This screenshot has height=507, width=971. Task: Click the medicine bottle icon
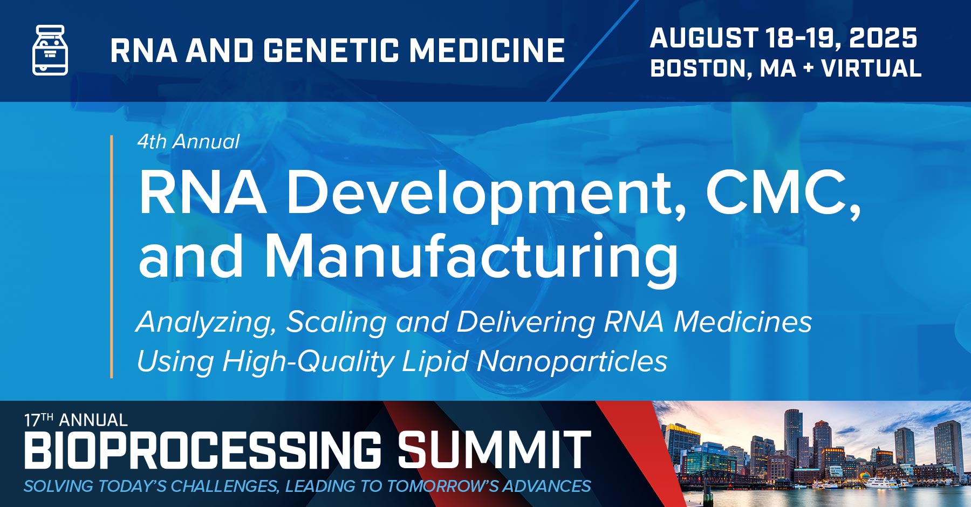point(50,50)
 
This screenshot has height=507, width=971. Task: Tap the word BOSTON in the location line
point(697,68)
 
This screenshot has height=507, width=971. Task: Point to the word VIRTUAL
point(871,68)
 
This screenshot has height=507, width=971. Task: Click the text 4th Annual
point(188,142)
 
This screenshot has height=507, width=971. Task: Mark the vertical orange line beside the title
point(112,256)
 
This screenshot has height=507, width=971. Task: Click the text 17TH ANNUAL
point(76,420)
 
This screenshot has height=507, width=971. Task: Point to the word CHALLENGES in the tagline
point(225,486)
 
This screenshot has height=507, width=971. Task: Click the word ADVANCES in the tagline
point(547,486)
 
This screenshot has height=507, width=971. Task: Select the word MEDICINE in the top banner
point(487,51)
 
